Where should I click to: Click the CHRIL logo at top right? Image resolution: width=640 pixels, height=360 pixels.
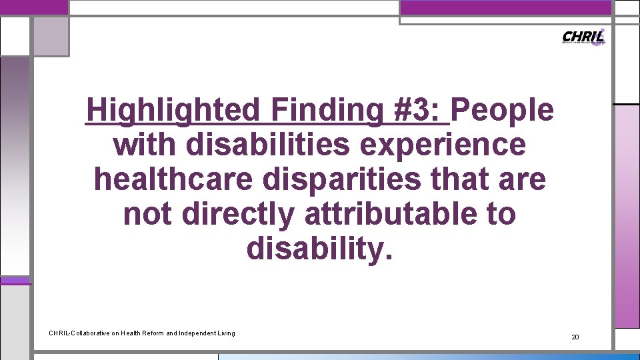[584, 37]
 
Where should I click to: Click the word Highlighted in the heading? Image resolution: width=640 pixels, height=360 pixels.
[174, 110]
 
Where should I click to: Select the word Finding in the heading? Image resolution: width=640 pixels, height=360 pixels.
[325, 110]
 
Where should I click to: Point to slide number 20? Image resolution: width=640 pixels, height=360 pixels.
[575, 337]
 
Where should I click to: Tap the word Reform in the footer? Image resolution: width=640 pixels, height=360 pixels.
[147, 333]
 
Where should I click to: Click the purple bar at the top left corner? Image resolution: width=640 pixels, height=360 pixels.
[33, 7]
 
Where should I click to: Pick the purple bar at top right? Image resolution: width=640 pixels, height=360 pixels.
[505, 7]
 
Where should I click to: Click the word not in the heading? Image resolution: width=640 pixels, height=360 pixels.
[147, 214]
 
